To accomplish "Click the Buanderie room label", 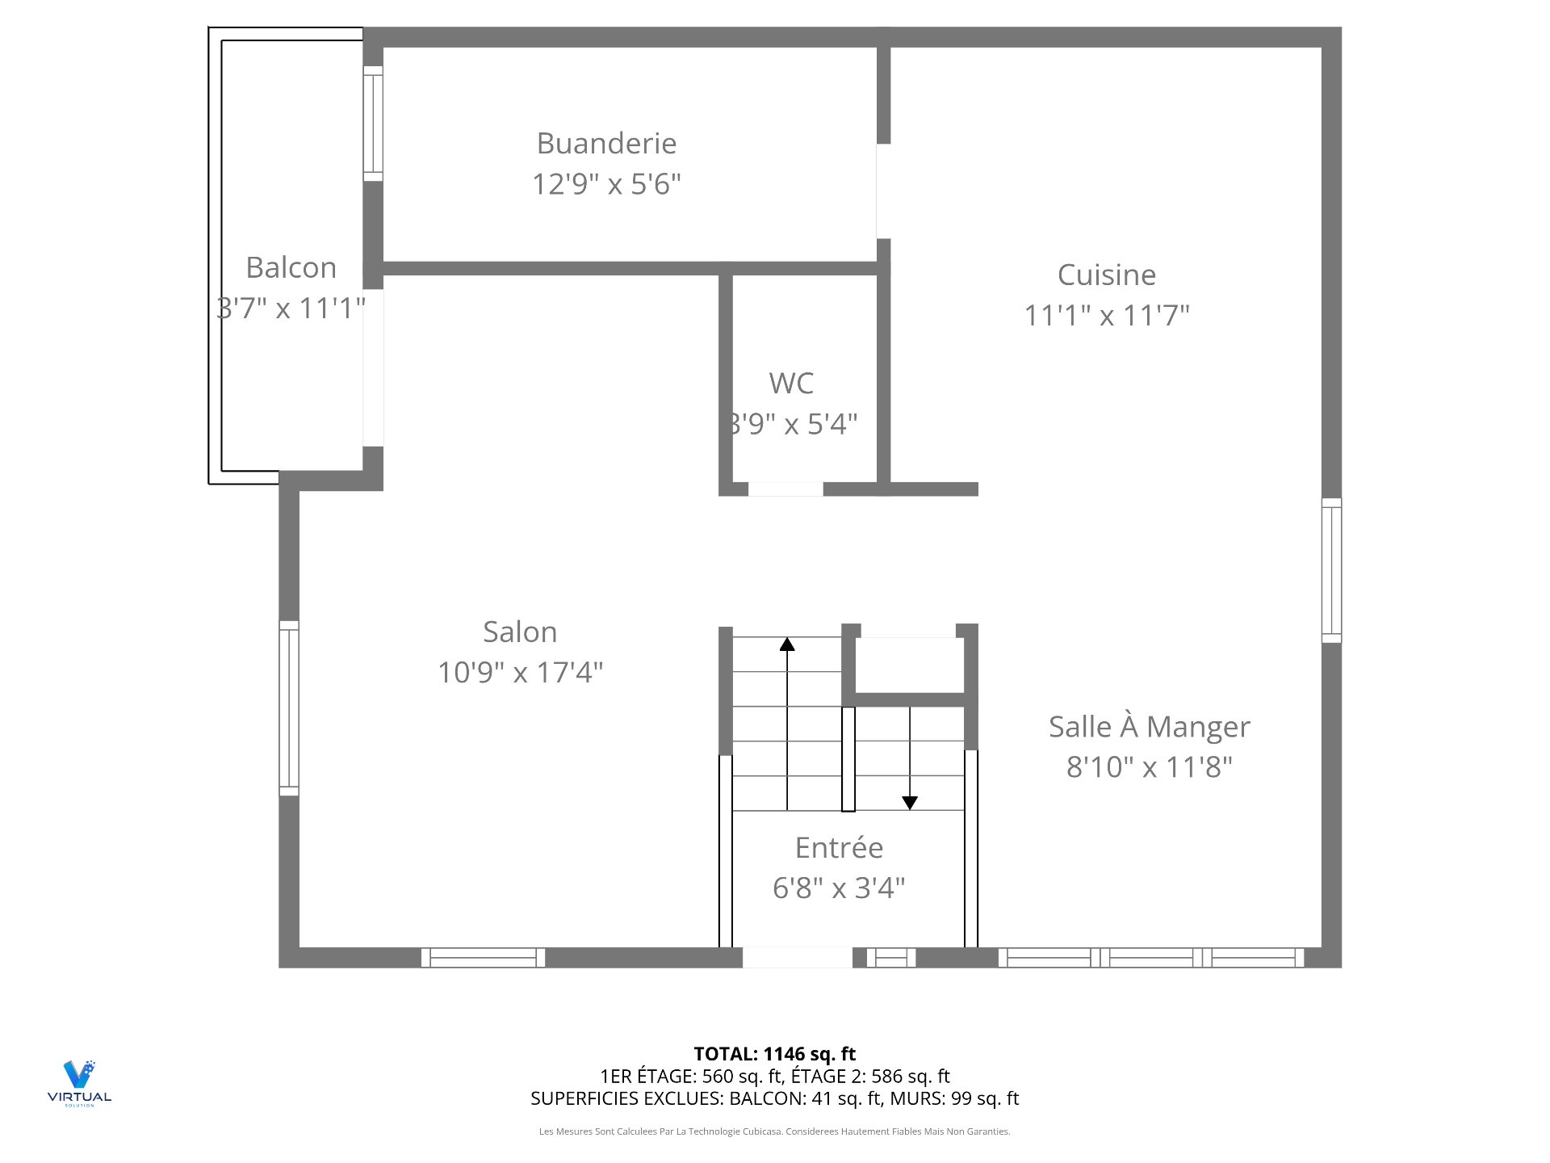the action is click(x=606, y=143).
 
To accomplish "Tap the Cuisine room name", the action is click(x=1107, y=275).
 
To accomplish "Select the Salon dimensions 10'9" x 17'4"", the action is click(x=521, y=672).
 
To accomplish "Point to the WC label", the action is click(x=791, y=383).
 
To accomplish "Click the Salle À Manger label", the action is click(x=1150, y=726).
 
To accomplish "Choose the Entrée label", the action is click(x=839, y=847).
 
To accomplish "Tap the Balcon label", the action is click(x=291, y=267).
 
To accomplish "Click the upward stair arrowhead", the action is click(x=787, y=644).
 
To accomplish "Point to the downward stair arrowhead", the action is click(x=910, y=804).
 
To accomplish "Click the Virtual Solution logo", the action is click(x=79, y=1083).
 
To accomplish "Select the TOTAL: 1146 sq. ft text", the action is click(x=775, y=1054).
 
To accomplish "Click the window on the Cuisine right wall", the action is click(x=1331, y=570).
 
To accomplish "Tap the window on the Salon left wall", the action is click(x=289, y=708).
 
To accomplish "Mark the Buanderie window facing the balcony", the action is click(x=373, y=124).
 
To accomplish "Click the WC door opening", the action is click(x=785, y=489).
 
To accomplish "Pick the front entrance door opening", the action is click(x=798, y=957).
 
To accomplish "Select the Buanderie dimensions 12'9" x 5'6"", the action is click(x=606, y=184).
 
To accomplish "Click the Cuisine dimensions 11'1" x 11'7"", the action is click(x=1107, y=315).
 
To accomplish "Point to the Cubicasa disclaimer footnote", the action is click(x=775, y=1132).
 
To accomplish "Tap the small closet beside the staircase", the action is click(x=910, y=665).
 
